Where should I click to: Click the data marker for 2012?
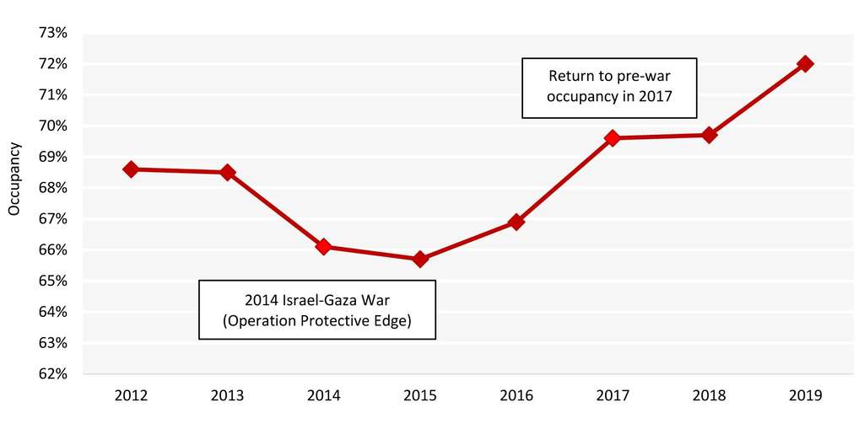click(x=131, y=169)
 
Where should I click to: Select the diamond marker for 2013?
click(x=227, y=172)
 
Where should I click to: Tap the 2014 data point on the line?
click(x=323, y=246)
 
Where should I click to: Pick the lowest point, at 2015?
click(x=420, y=259)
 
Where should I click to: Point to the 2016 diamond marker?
click(x=516, y=222)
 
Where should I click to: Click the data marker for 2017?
click(x=613, y=137)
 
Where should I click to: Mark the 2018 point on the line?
click(x=710, y=135)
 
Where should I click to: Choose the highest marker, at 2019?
click(x=806, y=63)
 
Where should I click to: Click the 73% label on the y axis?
click(x=52, y=33)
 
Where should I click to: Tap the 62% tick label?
click(x=52, y=374)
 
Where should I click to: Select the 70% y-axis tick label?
click(x=52, y=126)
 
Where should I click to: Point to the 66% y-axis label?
click(x=52, y=250)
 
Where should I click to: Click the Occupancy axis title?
click(x=13, y=179)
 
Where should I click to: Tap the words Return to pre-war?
click(x=609, y=74)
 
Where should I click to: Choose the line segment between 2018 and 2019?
click(x=758, y=99)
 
